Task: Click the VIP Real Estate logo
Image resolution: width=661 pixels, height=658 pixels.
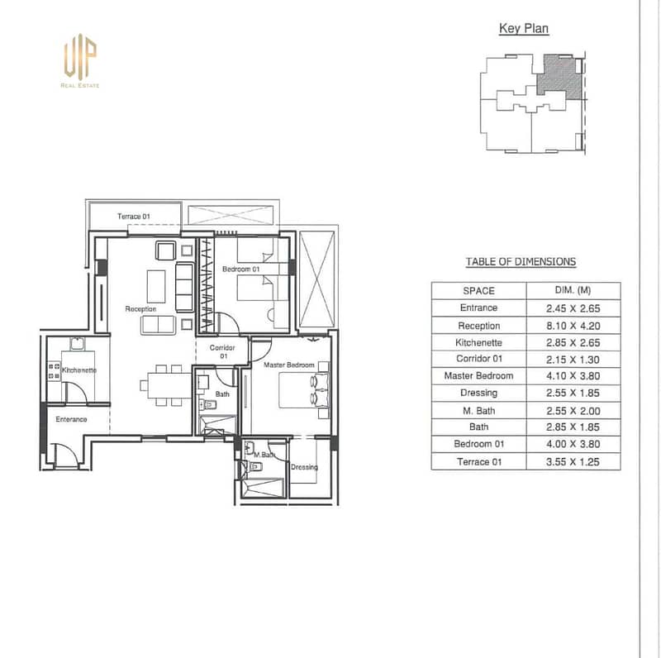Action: point(80,60)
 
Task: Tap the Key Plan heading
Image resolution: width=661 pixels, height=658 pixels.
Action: point(524,29)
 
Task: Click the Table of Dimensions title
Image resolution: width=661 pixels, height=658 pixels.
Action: point(521,262)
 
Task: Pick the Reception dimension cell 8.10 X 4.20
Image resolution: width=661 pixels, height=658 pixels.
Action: point(573,326)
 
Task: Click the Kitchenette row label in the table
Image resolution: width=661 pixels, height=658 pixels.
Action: point(478,342)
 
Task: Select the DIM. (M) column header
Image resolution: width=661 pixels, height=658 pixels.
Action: point(573,290)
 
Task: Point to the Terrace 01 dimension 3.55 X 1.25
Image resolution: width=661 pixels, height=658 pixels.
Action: point(573,462)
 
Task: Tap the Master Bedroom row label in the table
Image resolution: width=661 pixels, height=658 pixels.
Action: point(478,376)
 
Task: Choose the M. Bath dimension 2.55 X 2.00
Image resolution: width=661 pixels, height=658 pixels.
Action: point(573,411)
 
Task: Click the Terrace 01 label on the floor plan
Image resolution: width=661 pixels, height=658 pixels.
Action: point(134,217)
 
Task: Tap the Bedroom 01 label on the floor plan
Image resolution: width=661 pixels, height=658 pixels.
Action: point(240,269)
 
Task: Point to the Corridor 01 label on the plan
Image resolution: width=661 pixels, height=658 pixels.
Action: point(222,352)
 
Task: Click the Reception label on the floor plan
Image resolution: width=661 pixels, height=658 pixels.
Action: point(140,309)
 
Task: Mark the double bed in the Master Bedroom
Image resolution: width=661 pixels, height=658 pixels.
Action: point(303,389)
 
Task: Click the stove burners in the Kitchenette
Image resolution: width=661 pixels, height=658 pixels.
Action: point(54,371)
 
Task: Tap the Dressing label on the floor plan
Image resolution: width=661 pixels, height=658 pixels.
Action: point(304,467)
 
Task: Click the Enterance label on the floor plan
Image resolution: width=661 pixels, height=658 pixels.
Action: point(71,419)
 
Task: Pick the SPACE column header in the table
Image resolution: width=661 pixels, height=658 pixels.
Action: point(478,291)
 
